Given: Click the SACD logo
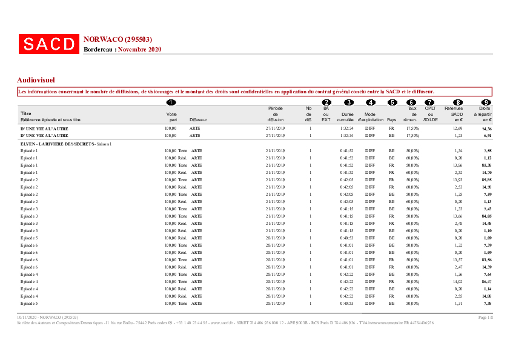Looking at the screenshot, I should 49,44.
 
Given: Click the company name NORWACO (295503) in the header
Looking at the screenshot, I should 117,39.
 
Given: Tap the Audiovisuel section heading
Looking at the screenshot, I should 36,79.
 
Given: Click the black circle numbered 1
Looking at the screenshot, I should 171,102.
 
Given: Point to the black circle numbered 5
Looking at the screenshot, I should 392,102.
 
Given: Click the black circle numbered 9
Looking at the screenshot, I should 485,102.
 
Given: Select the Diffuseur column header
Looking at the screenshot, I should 198,120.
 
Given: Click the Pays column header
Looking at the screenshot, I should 391,120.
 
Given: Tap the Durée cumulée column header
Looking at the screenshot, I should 348,117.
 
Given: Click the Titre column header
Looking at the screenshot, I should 26,113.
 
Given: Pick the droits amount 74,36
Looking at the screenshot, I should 486,128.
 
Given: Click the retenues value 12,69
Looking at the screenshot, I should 457,128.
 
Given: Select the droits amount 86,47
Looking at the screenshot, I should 486,281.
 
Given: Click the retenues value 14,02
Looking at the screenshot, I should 457,281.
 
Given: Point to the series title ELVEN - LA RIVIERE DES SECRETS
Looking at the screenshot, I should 58,144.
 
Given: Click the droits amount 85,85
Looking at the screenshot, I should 486,180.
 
